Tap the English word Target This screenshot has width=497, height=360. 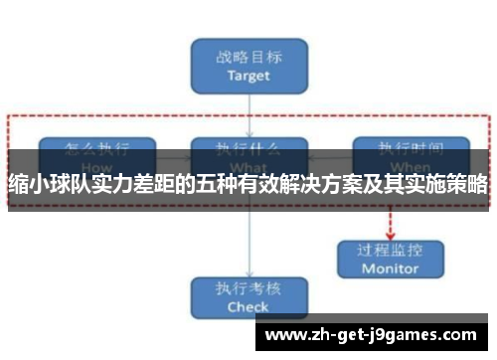[248, 75]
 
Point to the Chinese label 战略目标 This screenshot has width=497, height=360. [248, 56]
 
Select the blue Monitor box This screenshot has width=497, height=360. [390, 257]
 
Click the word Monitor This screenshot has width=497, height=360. [390, 269]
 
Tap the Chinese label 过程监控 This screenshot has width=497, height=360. [390, 249]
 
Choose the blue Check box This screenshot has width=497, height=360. [248, 296]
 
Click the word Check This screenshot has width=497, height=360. [248, 307]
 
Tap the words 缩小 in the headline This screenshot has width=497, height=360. [28, 185]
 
